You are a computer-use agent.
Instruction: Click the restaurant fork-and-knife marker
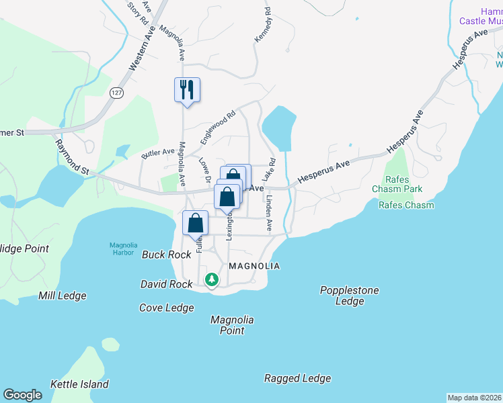pos(188,89)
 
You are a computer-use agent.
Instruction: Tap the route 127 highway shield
pos(118,93)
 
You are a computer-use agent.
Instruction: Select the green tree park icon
pos(212,278)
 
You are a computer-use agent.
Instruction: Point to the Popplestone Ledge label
pos(350,296)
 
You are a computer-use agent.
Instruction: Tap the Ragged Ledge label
pos(297,378)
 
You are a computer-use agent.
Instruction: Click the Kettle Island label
pos(79,384)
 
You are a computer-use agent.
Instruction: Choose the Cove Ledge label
pos(166,308)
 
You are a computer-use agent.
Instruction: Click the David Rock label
pos(166,284)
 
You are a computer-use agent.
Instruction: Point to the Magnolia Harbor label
pos(126,248)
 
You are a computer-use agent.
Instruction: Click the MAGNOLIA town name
pos(254,266)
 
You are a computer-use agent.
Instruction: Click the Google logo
pos(23,395)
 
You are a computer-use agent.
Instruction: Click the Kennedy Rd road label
pos(263,26)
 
